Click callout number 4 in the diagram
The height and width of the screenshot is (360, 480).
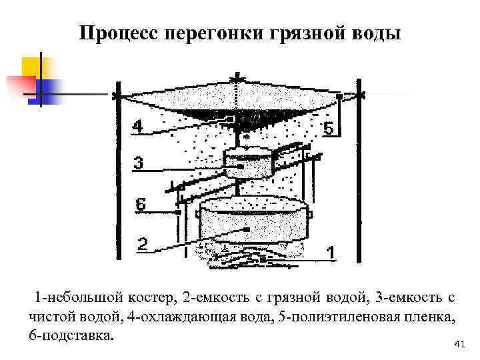pos(137,125)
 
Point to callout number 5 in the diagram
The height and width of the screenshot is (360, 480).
pos(328,128)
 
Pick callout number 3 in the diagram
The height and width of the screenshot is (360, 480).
pos(137,162)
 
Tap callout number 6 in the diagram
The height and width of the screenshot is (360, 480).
pos(140,205)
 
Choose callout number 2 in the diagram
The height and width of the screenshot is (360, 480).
pos(142,244)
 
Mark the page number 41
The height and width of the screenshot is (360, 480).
pos(458,344)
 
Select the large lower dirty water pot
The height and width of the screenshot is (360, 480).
pos(256,220)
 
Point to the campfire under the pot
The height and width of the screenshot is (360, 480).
pos(253,257)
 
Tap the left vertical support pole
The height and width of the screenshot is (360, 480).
pos(118,173)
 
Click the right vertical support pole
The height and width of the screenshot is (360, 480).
pos(359,173)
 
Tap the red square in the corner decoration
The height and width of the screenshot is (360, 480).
pos(20,85)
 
